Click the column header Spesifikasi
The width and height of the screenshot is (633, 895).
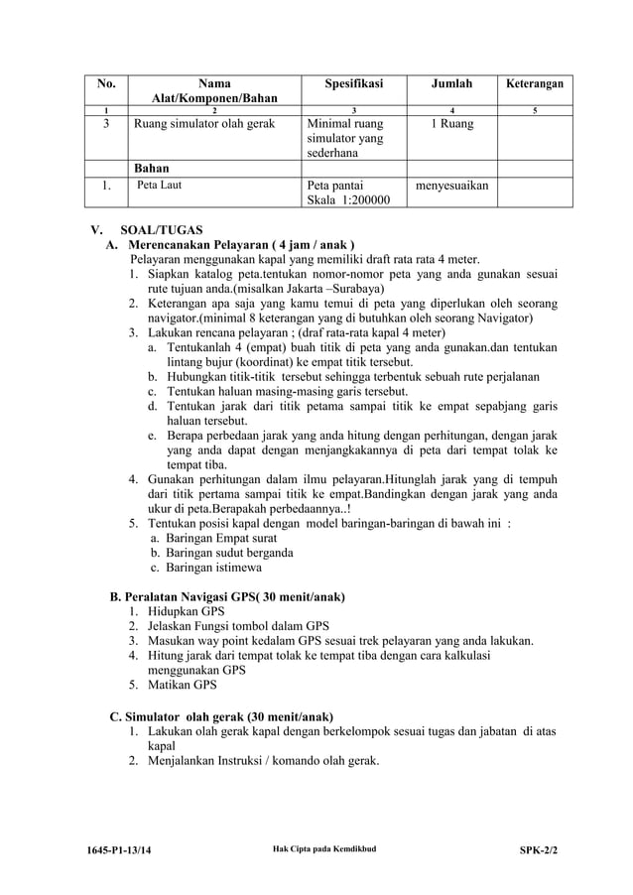coord(353,84)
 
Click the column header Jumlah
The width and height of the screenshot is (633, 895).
coord(450,84)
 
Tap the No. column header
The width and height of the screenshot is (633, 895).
coord(106,84)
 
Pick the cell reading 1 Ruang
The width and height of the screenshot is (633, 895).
coord(450,124)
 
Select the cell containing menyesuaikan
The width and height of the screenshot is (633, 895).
coord(451,185)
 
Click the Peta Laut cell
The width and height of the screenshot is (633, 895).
coord(159,185)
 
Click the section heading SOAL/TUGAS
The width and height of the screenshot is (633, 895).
coord(161,230)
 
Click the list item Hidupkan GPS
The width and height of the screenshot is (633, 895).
coord(186,611)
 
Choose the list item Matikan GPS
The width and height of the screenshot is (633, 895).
coord(182,685)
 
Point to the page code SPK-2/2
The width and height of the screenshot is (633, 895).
coord(539,851)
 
